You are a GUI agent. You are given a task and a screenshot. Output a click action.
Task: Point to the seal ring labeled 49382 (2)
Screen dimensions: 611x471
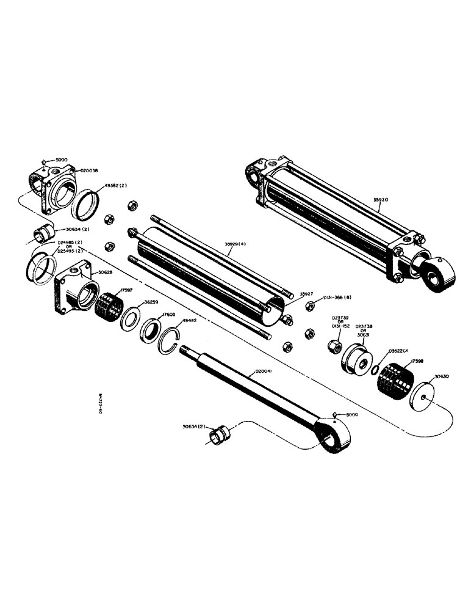[x=85, y=204]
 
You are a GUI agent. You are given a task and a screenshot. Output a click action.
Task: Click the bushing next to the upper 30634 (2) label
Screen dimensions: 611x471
[x=43, y=235]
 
